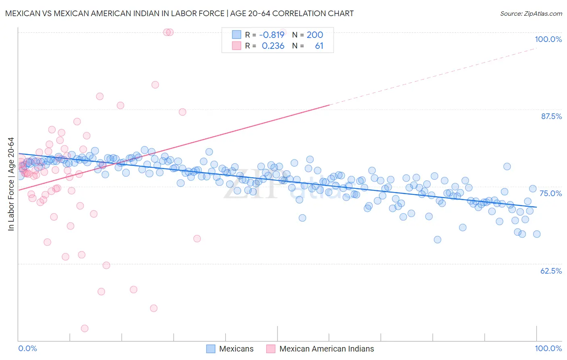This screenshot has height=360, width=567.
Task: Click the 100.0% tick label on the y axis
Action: (548, 39)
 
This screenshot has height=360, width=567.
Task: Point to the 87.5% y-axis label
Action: (551, 116)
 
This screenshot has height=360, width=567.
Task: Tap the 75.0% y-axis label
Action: (551, 193)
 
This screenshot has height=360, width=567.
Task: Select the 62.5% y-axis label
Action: (551, 271)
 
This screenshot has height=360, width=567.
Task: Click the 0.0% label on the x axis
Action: (27, 348)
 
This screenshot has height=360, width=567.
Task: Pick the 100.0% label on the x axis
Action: (548, 348)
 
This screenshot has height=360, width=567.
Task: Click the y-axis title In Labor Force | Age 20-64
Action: (11, 184)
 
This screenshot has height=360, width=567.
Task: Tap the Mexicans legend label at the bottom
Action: (236, 349)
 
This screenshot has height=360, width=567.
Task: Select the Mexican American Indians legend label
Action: (327, 349)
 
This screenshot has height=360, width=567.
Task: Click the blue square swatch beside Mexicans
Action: (211, 349)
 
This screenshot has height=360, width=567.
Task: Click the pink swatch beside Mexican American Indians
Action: (271, 349)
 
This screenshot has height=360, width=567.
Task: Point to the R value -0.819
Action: (272, 35)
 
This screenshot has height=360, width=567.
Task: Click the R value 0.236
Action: (273, 46)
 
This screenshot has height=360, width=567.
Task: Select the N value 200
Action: (315, 35)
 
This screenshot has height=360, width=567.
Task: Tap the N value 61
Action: (319, 46)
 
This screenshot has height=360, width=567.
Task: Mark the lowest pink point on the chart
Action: (85, 329)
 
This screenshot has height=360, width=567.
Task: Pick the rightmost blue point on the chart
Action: (537, 234)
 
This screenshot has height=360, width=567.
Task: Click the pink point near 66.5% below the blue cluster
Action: (197, 239)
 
